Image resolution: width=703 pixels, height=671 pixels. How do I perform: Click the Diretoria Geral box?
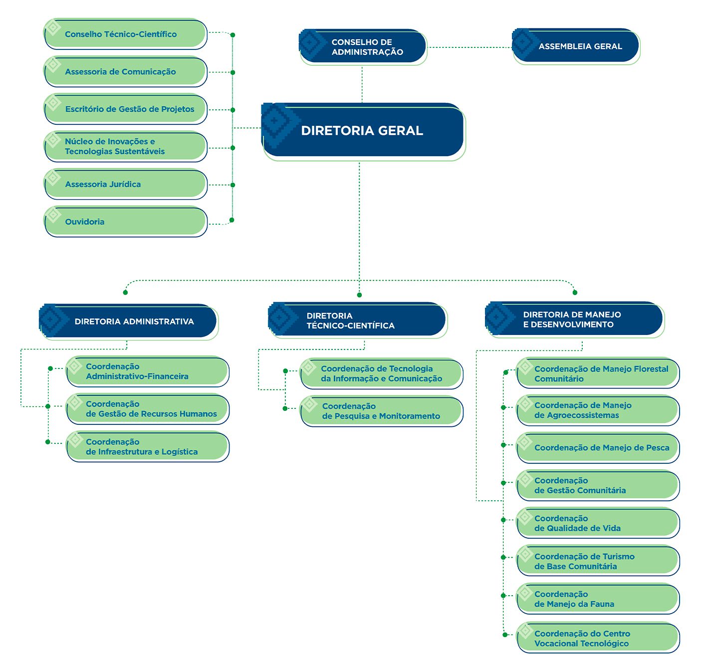363,131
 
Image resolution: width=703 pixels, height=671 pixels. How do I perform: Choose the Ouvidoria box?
125,221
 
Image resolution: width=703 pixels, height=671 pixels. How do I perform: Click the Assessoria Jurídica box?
125,184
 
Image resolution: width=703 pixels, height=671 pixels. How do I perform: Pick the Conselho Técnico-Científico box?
125,34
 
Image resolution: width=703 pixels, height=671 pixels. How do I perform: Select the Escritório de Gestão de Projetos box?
125,109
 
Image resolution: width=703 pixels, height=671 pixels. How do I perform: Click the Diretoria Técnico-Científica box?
357,320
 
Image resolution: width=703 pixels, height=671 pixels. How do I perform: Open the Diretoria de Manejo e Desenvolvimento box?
574,319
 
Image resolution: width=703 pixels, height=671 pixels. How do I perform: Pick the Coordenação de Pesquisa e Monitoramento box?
382,411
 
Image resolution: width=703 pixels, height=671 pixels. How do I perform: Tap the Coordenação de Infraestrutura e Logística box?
148,446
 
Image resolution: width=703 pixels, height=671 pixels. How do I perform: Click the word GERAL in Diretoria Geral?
401,131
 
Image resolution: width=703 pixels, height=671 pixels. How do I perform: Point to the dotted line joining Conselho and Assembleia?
469,47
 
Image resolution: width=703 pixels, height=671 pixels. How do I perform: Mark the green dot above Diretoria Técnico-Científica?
359,295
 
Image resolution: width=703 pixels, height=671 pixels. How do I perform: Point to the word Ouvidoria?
85,222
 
